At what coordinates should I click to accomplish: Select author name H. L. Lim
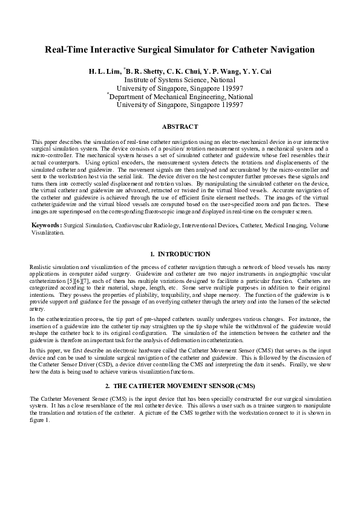[x=105, y=71]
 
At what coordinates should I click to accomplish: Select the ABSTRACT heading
[x=180, y=126]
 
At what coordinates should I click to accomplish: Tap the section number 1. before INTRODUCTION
[x=152, y=255]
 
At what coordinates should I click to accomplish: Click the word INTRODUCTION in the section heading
[x=184, y=255]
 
